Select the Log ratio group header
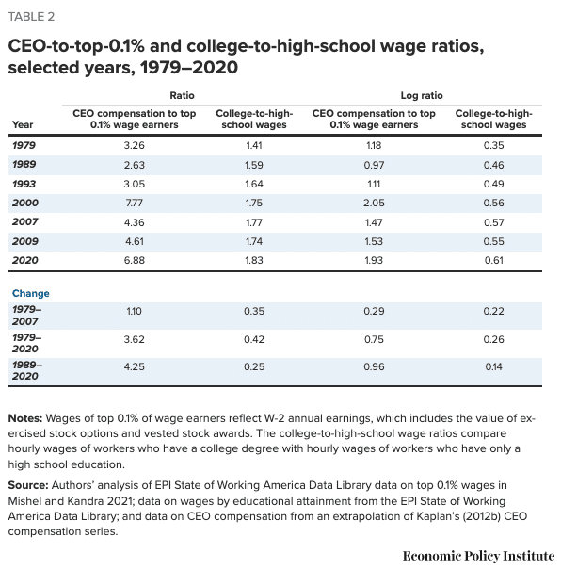tap(426, 95)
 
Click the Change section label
tap(31, 293)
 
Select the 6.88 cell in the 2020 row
tap(136, 258)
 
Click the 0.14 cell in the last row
tap(494, 367)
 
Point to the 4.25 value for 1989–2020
tap(136, 367)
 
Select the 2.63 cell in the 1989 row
tap(136, 164)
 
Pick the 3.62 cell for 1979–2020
tap(136, 340)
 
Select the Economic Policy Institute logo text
tap(478, 555)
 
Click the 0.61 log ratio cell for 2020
tap(494, 258)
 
